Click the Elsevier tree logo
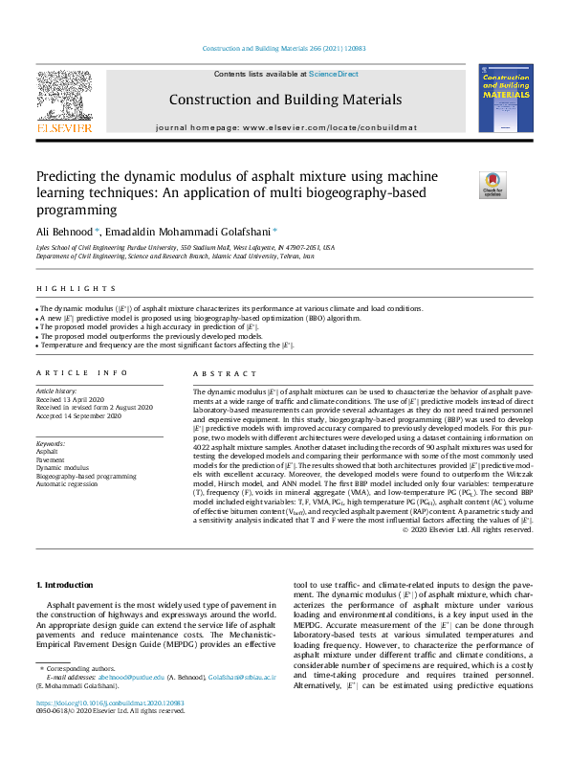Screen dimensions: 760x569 [63, 99]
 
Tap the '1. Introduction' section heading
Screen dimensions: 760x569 [64, 584]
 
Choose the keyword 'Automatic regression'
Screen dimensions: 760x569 [68, 483]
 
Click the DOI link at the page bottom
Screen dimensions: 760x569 [110, 703]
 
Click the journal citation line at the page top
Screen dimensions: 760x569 [284, 49]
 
